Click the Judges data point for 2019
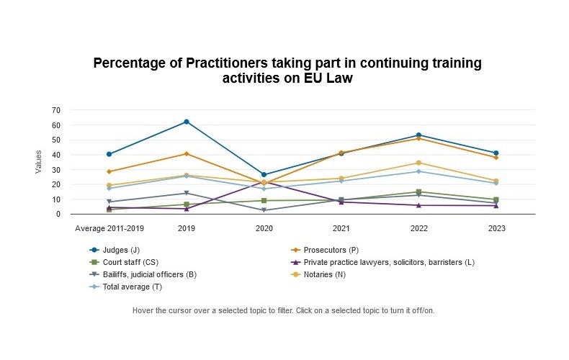(x=187, y=122)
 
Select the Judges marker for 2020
(x=264, y=175)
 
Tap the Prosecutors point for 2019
(x=187, y=153)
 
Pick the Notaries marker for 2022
(x=419, y=163)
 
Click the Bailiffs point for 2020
(x=264, y=210)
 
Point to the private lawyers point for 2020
(x=264, y=182)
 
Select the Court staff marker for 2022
(x=419, y=192)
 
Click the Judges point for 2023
(x=496, y=153)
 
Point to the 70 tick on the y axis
(x=55, y=110)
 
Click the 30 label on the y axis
(x=55, y=169)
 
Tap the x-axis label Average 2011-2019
(x=109, y=228)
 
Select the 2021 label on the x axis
(x=341, y=228)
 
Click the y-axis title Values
(x=39, y=162)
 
